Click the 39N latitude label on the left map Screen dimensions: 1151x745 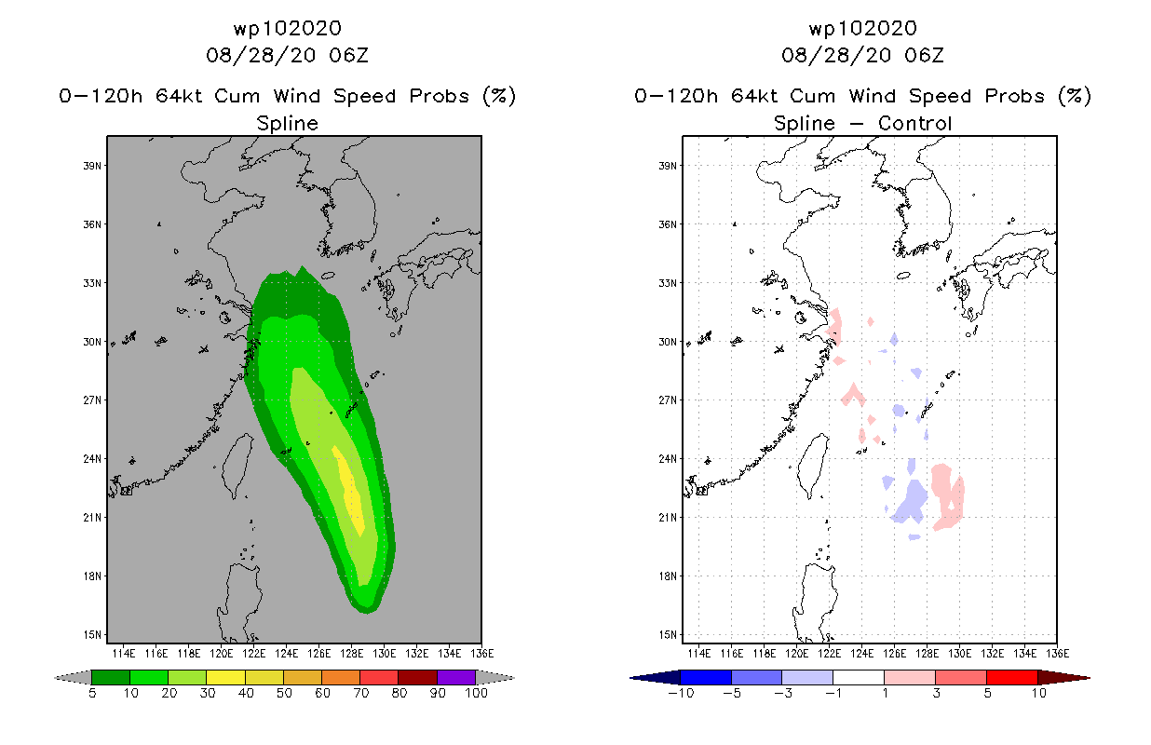[92, 166]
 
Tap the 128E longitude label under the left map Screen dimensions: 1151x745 [351, 654]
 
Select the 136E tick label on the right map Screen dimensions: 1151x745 [1058, 654]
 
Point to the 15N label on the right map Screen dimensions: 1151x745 [668, 635]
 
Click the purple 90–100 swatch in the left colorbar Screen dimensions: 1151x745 [456, 677]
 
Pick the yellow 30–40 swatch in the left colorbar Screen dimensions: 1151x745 [225, 677]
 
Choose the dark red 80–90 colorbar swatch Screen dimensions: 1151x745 [418, 677]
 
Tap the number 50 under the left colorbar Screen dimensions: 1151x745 [284, 693]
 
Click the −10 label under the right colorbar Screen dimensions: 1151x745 [681, 693]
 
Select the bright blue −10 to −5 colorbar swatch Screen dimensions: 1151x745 [706, 677]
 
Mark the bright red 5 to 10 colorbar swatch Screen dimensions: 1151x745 [1012, 677]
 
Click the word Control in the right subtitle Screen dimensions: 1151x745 [914, 123]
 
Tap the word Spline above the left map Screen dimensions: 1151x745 [287, 124]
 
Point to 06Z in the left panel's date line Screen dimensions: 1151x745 [348, 55]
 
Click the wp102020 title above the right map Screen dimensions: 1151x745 [862, 29]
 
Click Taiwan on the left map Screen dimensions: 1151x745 [237, 465]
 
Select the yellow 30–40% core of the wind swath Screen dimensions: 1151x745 [349, 491]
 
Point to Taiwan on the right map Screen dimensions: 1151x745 [813, 465]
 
